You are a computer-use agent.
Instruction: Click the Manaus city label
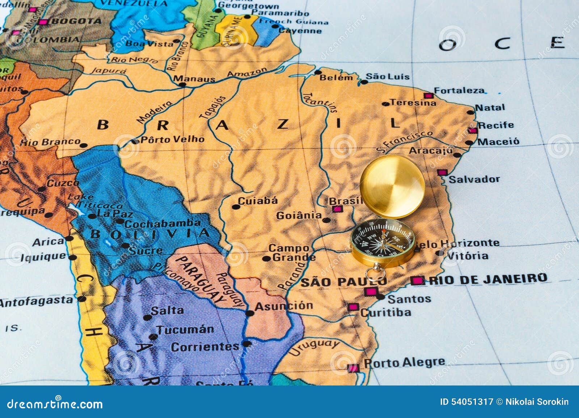coord(194,78)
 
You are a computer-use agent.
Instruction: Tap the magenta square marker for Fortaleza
coord(428,96)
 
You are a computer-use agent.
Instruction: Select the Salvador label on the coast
coord(474,179)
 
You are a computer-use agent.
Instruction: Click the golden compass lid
coord(392,187)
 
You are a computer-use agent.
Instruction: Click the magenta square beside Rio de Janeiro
coord(417,280)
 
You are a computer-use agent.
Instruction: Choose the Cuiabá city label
coord(258,201)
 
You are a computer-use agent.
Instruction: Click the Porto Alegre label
coord(404,362)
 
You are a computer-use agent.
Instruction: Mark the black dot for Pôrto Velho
coord(135,141)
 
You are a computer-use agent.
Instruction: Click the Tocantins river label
coord(320,102)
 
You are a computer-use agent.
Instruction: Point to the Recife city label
coord(496,125)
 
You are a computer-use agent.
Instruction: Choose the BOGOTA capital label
coord(76,21)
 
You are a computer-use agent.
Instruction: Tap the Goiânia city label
coord(299,216)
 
